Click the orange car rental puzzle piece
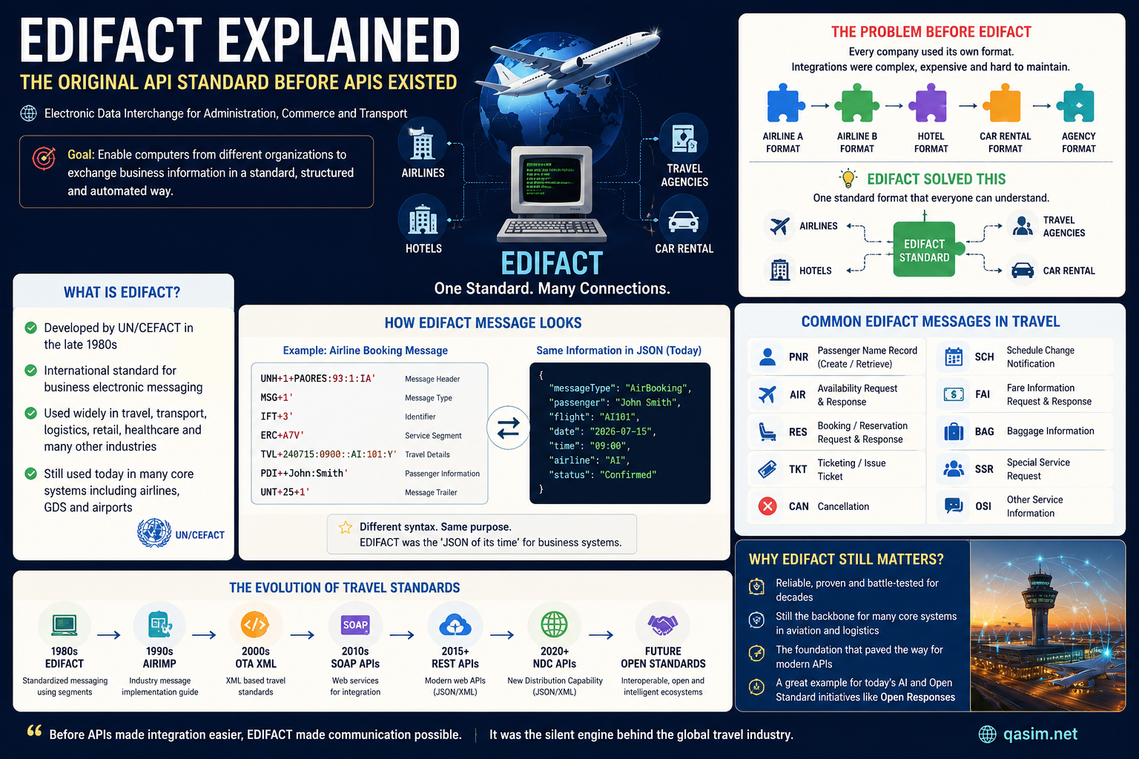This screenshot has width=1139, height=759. click(1003, 104)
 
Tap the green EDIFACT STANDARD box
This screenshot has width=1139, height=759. click(925, 250)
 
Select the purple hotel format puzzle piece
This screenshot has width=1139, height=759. click(928, 104)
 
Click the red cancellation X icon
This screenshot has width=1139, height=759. click(767, 506)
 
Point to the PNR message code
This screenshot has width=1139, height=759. click(799, 357)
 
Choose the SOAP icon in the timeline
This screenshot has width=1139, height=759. click(355, 625)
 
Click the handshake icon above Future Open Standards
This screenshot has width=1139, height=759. click(662, 625)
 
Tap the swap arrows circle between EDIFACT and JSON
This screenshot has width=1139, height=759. click(508, 428)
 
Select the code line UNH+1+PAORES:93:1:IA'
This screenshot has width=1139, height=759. click(318, 379)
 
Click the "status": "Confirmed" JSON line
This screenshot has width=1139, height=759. click(603, 475)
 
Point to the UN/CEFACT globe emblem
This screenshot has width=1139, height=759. click(154, 533)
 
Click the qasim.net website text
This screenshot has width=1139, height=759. click(1040, 734)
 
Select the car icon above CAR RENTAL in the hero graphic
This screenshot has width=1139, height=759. click(683, 222)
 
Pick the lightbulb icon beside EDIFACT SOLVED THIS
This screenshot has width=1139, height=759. click(848, 179)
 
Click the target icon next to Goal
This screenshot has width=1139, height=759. click(44, 158)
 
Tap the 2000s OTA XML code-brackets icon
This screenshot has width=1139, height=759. click(255, 625)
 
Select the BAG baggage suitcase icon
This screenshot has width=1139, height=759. click(954, 431)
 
